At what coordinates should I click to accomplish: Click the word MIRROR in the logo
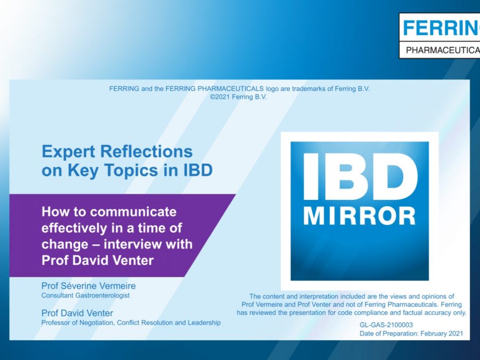(x=359, y=216)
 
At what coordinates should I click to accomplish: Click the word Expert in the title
(x=68, y=152)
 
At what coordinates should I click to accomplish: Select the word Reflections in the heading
(x=146, y=151)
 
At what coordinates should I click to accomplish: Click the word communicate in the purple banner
(x=133, y=212)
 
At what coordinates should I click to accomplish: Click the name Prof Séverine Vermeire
(x=89, y=286)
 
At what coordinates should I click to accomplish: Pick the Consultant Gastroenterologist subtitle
(x=85, y=295)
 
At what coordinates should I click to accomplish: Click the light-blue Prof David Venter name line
(x=77, y=313)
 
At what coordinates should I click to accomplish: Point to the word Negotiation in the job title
(x=97, y=323)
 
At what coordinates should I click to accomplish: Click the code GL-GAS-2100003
(x=386, y=325)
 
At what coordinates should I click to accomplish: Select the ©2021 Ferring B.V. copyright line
(x=238, y=97)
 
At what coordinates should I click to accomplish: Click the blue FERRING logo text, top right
(x=441, y=28)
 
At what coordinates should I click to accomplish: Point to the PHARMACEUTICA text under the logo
(x=443, y=50)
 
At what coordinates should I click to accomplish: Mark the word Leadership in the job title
(x=204, y=323)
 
